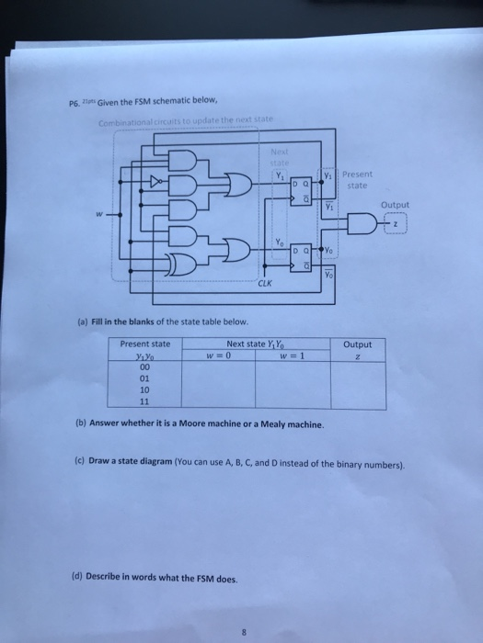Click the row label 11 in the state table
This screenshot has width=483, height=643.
(x=144, y=400)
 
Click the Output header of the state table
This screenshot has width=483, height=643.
(x=357, y=345)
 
